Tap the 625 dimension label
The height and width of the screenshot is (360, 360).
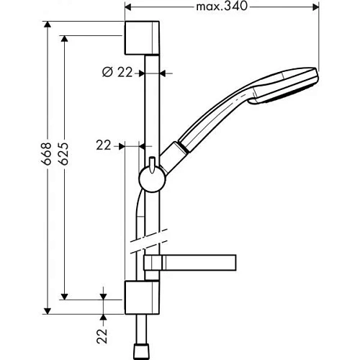tap(63, 154)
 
